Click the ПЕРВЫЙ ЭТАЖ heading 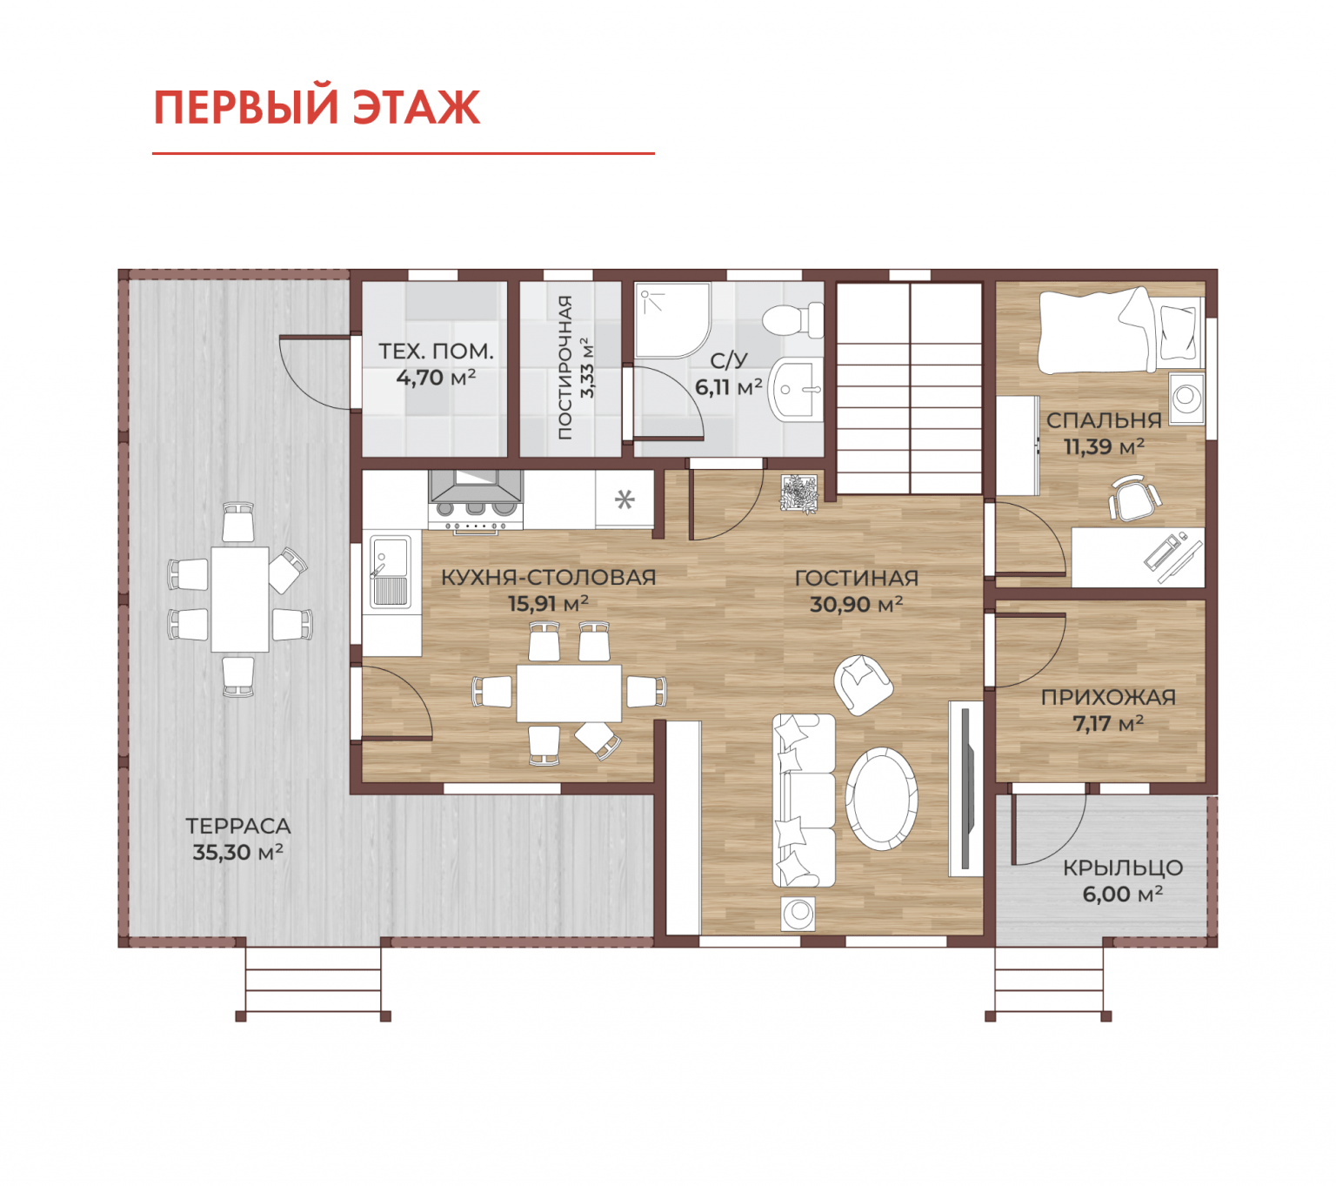click(x=317, y=107)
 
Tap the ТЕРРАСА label click(x=237, y=826)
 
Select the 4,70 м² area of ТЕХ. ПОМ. click(x=436, y=378)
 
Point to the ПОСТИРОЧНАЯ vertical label click(x=564, y=366)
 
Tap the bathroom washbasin click(x=798, y=390)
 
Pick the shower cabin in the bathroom click(x=672, y=320)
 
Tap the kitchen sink click(x=391, y=571)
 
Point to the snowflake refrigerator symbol click(x=624, y=499)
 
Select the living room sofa click(x=803, y=801)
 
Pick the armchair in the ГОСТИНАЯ click(x=863, y=685)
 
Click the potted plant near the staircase click(x=799, y=493)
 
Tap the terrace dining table click(x=239, y=599)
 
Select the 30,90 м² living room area click(x=856, y=604)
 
